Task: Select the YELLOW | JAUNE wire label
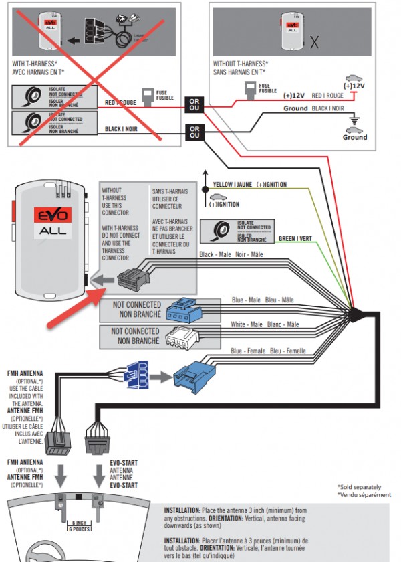click(233, 185)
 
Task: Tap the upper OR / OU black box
click(194, 104)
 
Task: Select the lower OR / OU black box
click(194, 132)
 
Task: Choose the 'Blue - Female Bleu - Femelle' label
click(269, 351)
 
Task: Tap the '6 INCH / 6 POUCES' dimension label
click(80, 526)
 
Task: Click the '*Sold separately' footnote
click(360, 487)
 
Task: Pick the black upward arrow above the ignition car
click(206, 179)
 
